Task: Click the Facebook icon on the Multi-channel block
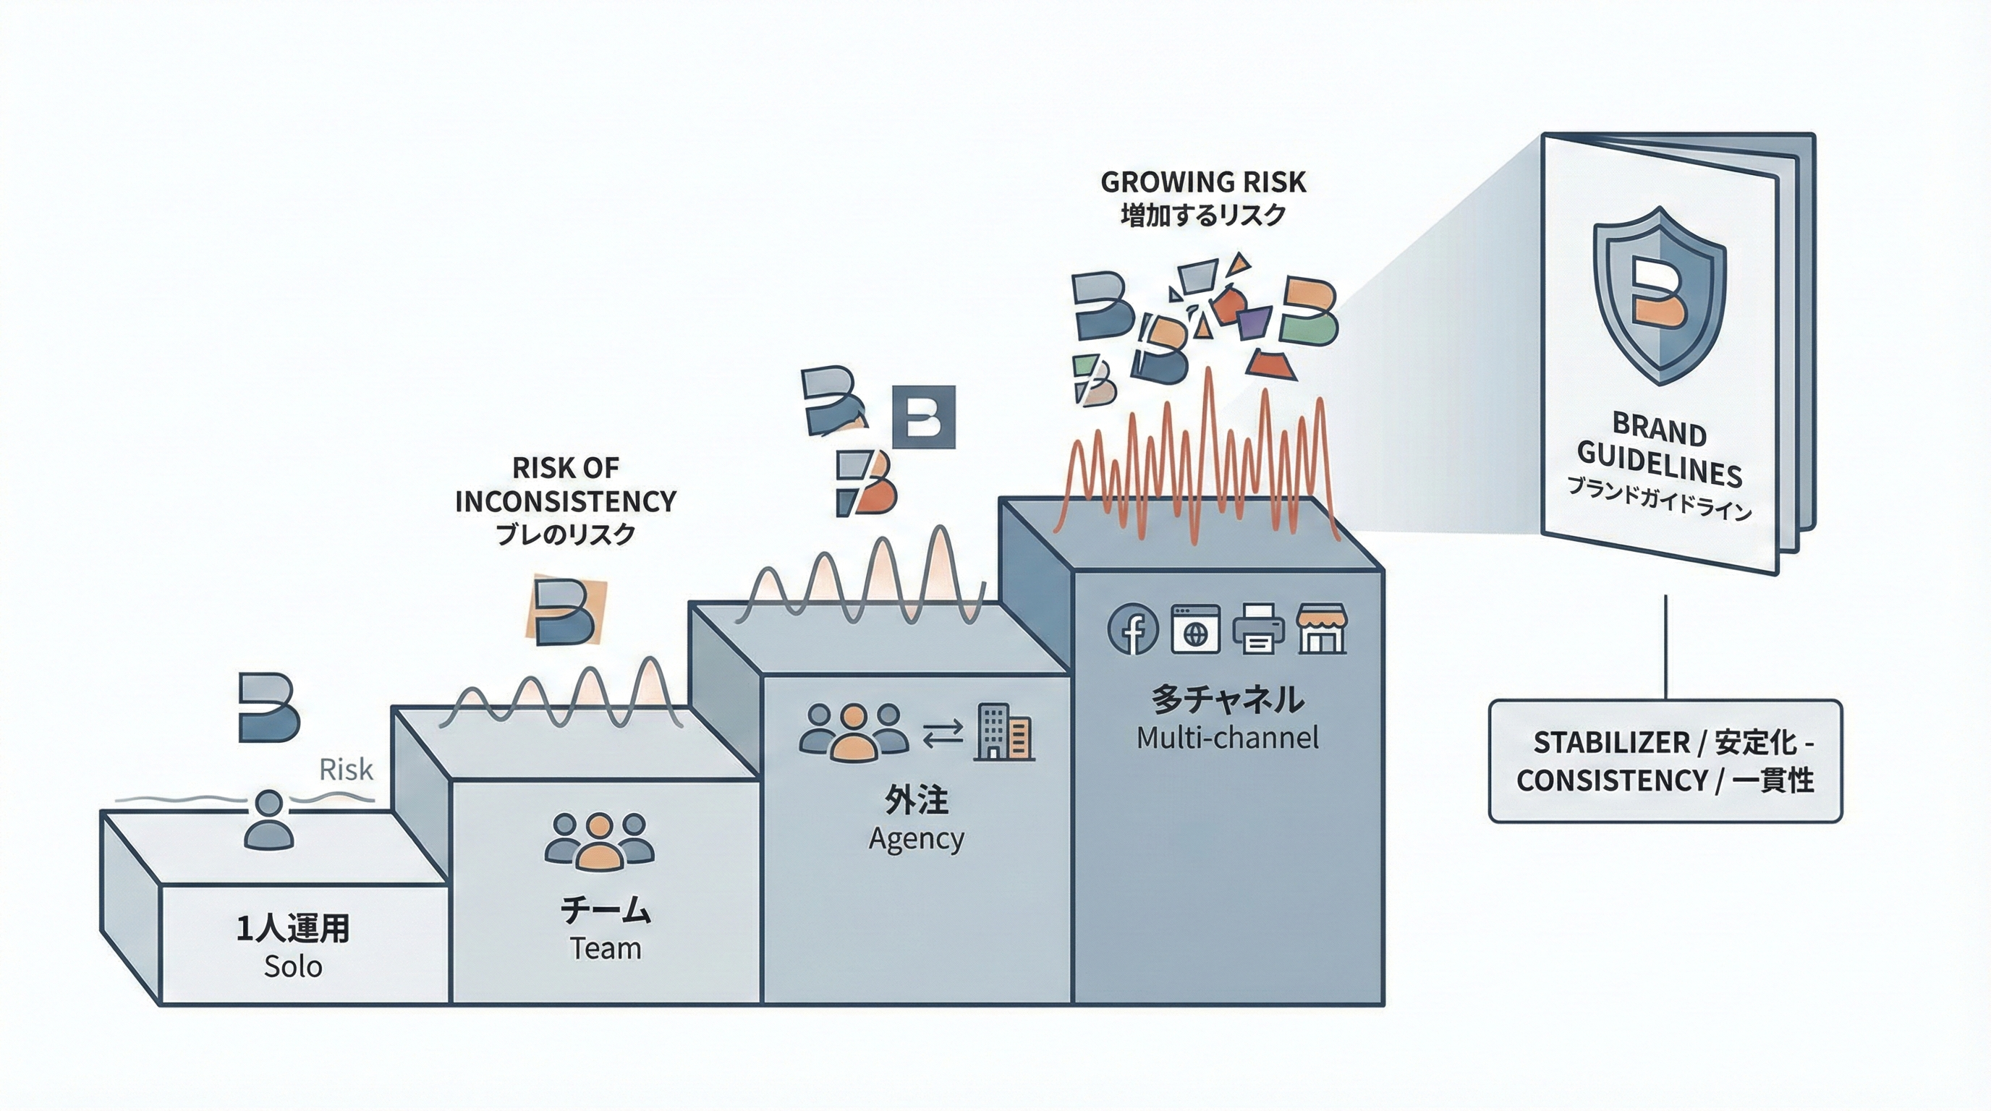(x=1132, y=628)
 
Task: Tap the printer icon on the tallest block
(x=1258, y=628)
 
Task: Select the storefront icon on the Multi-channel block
(x=1322, y=628)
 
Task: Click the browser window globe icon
(x=1196, y=628)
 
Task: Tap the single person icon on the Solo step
(x=268, y=820)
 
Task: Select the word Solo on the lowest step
(x=293, y=966)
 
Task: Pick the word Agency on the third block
(x=916, y=839)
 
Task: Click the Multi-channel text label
(x=1227, y=738)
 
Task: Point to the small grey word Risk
(x=346, y=770)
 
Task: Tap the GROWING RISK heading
(x=1202, y=182)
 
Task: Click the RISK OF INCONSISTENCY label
(x=566, y=485)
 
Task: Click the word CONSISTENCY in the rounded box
(x=1610, y=780)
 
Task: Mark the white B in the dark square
(x=924, y=417)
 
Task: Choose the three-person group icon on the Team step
(x=599, y=839)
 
